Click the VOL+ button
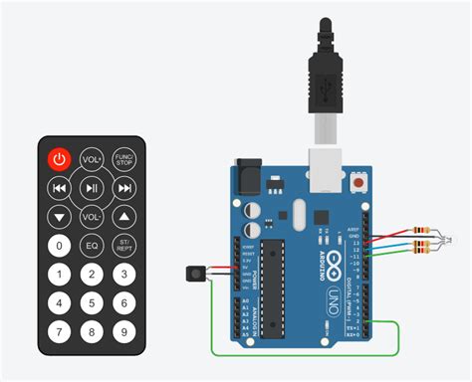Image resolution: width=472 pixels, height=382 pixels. [92, 159]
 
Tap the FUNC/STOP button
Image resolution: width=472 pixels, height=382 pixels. [123, 159]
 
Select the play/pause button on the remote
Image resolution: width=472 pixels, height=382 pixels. [92, 187]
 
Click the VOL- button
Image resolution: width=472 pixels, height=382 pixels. [92, 216]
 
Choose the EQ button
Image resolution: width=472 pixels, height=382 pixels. [92, 245]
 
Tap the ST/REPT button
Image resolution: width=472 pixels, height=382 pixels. [123, 245]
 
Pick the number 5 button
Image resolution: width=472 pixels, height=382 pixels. [92, 303]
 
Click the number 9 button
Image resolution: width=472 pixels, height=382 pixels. [123, 332]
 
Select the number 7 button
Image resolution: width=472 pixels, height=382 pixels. [60, 332]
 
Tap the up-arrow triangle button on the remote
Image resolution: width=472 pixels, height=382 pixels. [123, 216]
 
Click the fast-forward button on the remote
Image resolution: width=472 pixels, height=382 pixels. [123, 187]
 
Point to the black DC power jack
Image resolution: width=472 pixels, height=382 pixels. [249, 178]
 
